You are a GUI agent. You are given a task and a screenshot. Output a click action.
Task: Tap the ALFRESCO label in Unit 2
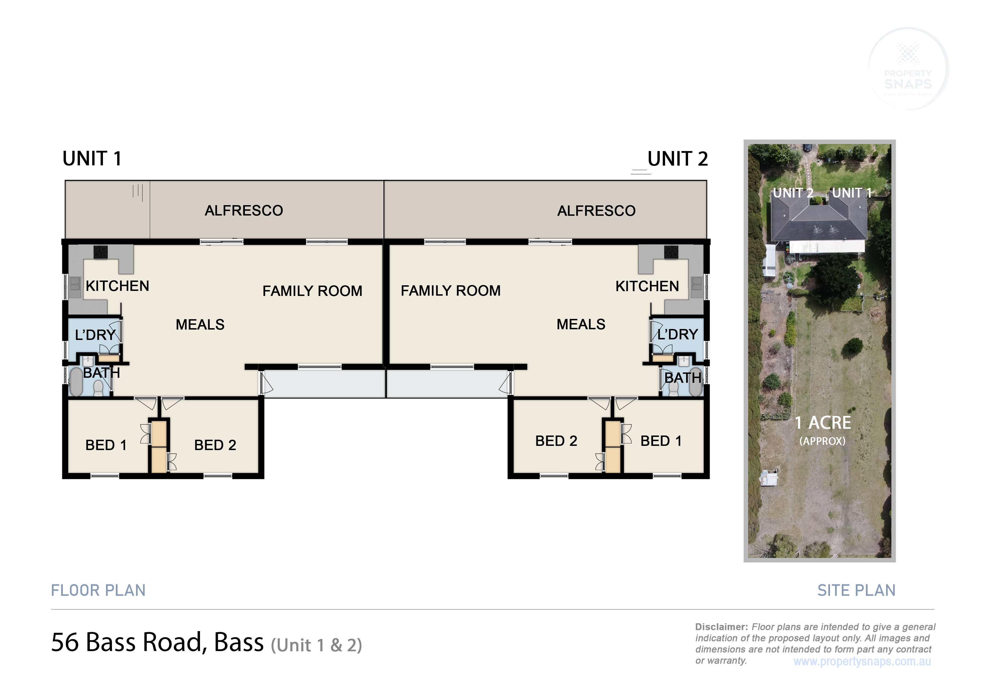596,211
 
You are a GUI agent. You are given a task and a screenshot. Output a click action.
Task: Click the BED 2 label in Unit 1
215,445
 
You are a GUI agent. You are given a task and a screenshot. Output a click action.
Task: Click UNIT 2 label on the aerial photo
793,193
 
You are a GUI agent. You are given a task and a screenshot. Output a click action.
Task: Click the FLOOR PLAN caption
98,590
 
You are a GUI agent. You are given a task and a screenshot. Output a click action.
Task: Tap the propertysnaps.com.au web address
862,662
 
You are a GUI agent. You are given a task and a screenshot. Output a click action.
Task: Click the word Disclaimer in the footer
721,627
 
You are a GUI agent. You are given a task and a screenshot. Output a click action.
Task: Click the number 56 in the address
65,642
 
